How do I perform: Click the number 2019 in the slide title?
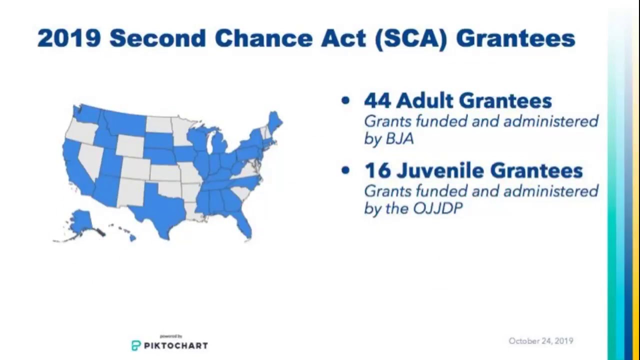tap(69, 38)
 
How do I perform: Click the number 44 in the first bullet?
tap(376, 101)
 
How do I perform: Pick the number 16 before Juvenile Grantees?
tap(376, 171)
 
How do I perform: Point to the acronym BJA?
tap(399, 138)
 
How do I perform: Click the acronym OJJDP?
tap(437, 208)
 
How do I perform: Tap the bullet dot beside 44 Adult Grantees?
tap(345, 100)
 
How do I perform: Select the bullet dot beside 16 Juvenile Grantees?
tap(345, 170)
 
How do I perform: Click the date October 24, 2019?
tap(540, 341)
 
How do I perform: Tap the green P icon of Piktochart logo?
tap(136, 345)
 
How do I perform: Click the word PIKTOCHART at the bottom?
tap(175, 345)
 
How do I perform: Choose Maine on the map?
tap(274, 122)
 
